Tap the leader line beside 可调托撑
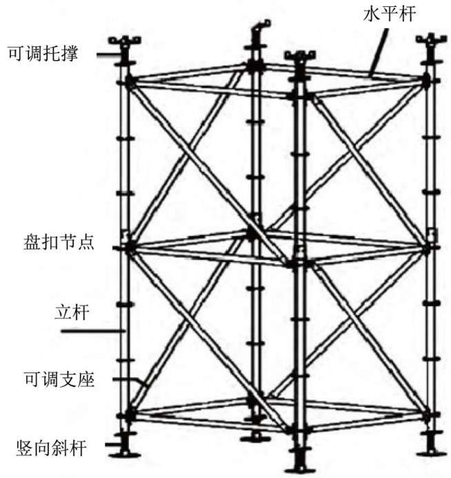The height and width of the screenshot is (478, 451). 108,55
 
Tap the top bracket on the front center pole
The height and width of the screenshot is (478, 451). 300,56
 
